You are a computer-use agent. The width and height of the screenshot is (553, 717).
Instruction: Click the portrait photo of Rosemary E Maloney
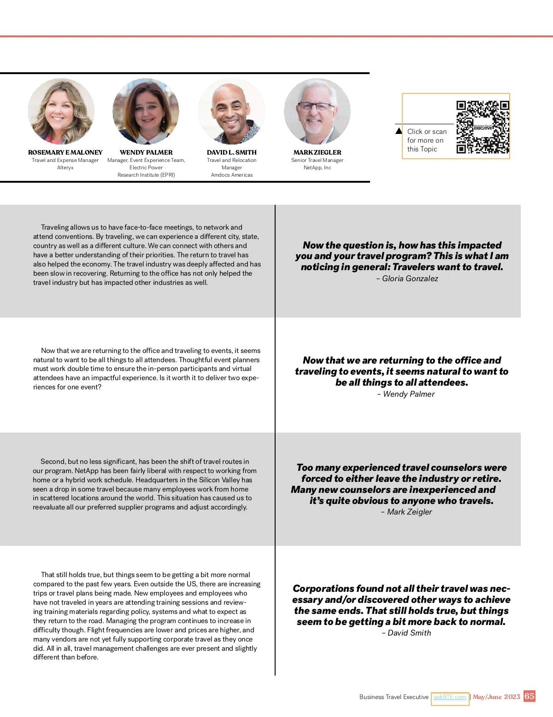click(x=61, y=111)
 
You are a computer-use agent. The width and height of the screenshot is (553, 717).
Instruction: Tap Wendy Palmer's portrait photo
click(x=146, y=111)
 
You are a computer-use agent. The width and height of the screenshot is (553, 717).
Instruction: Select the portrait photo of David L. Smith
click(x=231, y=111)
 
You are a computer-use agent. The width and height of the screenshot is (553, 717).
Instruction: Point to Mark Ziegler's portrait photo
click(x=317, y=111)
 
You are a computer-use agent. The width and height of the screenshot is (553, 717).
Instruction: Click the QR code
click(x=482, y=127)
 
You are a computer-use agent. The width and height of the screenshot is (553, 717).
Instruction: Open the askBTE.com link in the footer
click(x=450, y=697)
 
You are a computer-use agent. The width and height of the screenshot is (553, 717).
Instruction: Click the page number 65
click(x=529, y=696)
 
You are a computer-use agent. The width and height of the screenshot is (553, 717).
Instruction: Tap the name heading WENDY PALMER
click(x=146, y=152)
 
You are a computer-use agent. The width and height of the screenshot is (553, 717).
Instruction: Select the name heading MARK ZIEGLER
click(x=317, y=152)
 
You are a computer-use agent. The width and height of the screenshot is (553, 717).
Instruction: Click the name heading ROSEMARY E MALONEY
click(x=65, y=152)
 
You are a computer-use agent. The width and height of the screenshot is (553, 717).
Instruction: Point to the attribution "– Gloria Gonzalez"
click(x=407, y=278)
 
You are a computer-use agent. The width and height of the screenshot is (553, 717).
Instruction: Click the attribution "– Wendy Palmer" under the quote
click(x=406, y=394)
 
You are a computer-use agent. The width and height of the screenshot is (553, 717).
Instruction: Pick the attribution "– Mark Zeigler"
click(x=406, y=512)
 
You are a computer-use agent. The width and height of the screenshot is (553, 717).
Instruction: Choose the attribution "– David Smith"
click(x=406, y=633)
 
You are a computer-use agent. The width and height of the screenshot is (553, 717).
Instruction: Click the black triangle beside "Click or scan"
click(x=399, y=131)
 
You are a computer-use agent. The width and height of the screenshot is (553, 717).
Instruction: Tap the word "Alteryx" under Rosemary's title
click(x=65, y=168)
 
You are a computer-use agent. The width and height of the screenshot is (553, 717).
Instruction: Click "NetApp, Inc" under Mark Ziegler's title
click(x=317, y=168)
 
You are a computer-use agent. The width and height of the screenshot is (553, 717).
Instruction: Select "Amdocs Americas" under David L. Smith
click(x=232, y=175)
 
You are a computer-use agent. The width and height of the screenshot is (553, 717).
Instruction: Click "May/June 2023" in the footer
click(x=496, y=697)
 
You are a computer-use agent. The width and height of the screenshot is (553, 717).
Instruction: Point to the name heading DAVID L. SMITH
click(x=232, y=152)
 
